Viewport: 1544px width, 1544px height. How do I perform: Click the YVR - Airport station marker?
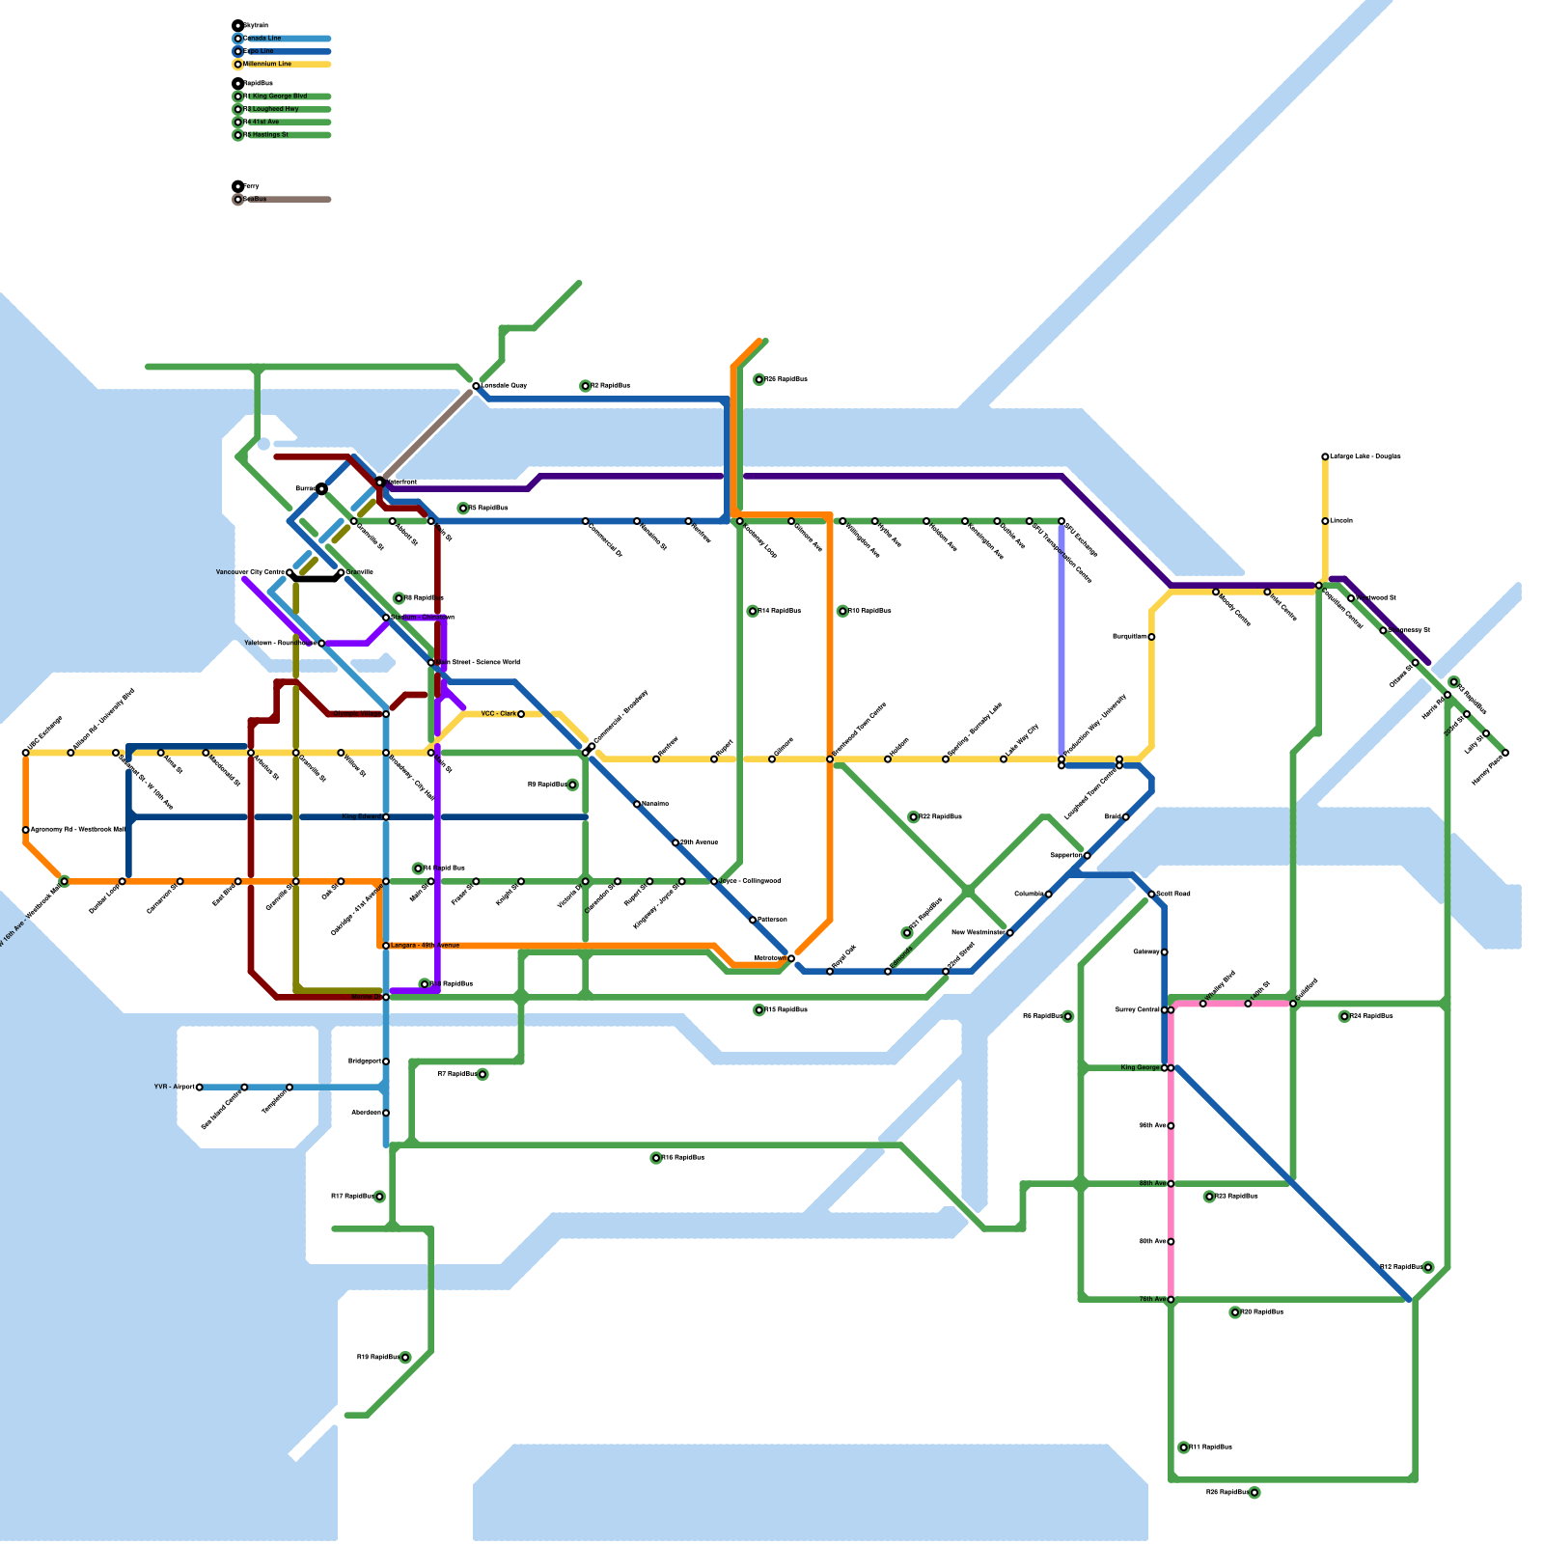200,1088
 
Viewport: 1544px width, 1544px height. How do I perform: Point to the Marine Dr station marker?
386,997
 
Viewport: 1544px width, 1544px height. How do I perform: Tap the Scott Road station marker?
1151,895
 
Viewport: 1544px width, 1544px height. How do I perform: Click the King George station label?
1140,1068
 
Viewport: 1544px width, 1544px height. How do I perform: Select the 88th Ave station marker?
1171,1184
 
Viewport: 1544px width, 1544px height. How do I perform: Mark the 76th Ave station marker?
1171,1300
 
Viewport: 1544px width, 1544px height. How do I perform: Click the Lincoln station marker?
1325,521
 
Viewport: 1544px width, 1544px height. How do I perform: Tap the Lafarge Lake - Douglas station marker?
1325,456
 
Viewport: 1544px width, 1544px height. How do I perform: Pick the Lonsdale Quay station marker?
476,386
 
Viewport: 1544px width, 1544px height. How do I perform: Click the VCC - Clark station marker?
521,714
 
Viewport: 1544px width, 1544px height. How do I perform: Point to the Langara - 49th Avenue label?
425,946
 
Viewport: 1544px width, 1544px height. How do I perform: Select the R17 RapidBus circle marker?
379,1197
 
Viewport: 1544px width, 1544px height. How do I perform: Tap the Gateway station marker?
1165,952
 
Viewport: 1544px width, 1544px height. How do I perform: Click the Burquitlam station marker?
1151,637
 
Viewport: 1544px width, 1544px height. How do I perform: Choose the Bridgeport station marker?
386,1061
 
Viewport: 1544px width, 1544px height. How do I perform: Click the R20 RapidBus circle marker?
1209,1197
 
